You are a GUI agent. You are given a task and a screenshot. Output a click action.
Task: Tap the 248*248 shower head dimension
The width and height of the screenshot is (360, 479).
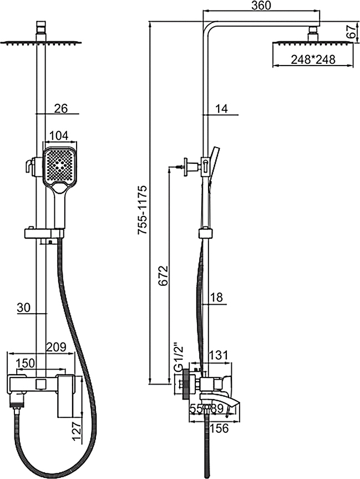[314, 59]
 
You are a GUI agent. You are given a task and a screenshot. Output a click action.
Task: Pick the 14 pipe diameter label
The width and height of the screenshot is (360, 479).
[222, 109]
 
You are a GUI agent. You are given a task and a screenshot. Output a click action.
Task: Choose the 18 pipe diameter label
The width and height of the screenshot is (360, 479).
[216, 298]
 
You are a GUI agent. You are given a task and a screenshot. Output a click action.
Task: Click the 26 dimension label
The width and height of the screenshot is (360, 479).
[61, 109]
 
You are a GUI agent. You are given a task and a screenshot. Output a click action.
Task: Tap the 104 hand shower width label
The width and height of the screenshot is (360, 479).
[59, 136]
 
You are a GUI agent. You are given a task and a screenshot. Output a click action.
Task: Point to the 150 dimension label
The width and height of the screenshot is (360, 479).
[26, 363]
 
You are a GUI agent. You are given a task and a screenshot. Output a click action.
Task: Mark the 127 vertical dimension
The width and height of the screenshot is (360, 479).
[77, 428]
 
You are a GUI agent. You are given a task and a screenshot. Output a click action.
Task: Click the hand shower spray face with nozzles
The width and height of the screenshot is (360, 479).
[59, 165]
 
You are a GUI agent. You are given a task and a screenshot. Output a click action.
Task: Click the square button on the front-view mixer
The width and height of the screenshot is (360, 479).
[40, 383]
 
